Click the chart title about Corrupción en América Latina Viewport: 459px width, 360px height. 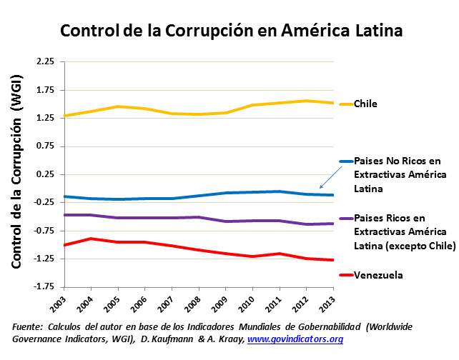pos(231,32)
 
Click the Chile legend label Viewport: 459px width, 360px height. pos(365,104)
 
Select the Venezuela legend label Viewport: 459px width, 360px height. pos(378,275)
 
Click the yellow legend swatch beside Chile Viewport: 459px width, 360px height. pos(345,104)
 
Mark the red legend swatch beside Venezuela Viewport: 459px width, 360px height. pos(345,275)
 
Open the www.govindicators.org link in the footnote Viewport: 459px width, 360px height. pos(295,339)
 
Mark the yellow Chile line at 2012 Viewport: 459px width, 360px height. pos(307,101)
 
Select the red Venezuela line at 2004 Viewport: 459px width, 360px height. pos(91,239)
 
